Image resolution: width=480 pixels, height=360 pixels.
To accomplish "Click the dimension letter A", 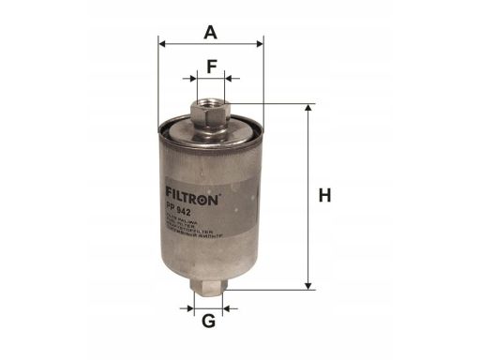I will click(211, 31).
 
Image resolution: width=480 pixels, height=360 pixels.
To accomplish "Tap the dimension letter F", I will click(212, 67).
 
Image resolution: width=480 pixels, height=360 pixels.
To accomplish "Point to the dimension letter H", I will click(324, 196).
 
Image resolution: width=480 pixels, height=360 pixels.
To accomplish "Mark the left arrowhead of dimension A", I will click(163, 43).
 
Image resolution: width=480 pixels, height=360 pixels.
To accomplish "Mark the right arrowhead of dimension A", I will click(261, 43).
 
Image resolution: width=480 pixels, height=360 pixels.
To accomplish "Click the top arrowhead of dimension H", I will click(307, 109).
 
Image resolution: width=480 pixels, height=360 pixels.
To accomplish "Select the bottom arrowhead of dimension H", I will click(307, 284).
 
